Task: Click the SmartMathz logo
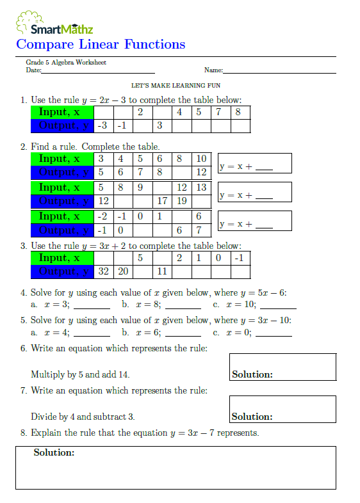click(54, 24)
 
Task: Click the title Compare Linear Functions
click(101, 44)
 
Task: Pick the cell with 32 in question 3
click(103, 271)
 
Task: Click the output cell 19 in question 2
click(181, 201)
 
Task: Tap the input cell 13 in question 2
click(201, 188)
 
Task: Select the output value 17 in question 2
click(162, 201)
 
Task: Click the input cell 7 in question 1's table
click(219, 113)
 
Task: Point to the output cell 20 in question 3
click(122, 271)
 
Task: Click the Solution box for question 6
click(282, 367)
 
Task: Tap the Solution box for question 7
click(282, 408)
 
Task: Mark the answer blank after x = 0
click(274, 335)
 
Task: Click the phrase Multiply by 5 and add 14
click(85, 374)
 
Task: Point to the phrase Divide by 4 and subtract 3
click(83, 417)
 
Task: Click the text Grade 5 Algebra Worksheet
click(66, 63)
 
